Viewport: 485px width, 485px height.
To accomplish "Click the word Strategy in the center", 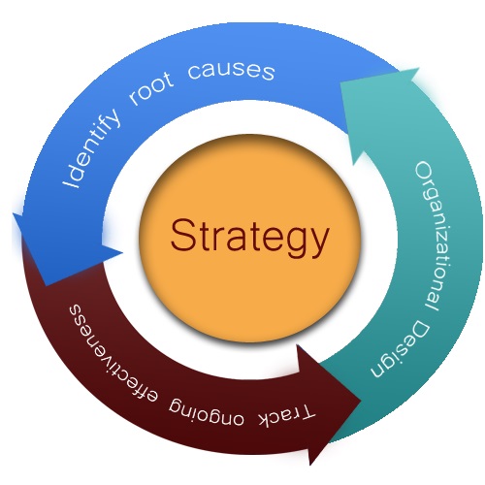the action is tap(249, 238).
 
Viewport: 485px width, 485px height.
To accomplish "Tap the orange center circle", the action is tap(249, 239).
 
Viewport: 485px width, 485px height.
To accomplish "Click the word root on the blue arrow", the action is tap(150, 89).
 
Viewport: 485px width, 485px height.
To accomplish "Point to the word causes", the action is tap(231, 71).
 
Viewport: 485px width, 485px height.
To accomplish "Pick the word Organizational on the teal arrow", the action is tap(435, 237).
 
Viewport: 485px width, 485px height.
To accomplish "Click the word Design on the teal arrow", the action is tap(401, 350).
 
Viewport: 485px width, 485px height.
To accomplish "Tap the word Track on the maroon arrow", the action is tap(286, 415).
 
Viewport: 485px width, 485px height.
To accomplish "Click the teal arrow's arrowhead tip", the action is tap(419, 68).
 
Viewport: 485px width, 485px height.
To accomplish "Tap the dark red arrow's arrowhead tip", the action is tap(361, 401).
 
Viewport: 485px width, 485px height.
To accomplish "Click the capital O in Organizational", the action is tap(424, 173).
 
